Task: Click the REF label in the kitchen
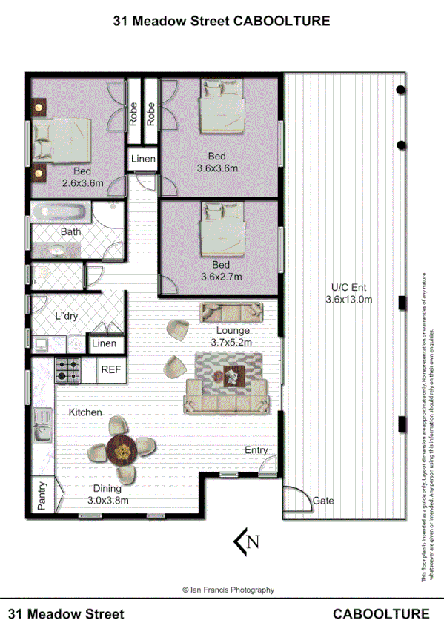110,369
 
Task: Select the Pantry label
42,498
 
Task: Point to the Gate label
323,501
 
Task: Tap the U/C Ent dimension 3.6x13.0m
348,300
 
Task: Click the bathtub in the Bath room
62,214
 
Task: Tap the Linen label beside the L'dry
104,344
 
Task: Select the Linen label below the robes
143,159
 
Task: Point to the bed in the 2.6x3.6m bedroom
63,141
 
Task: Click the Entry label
256,450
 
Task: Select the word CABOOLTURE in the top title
282,22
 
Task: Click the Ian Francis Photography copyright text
228,590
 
